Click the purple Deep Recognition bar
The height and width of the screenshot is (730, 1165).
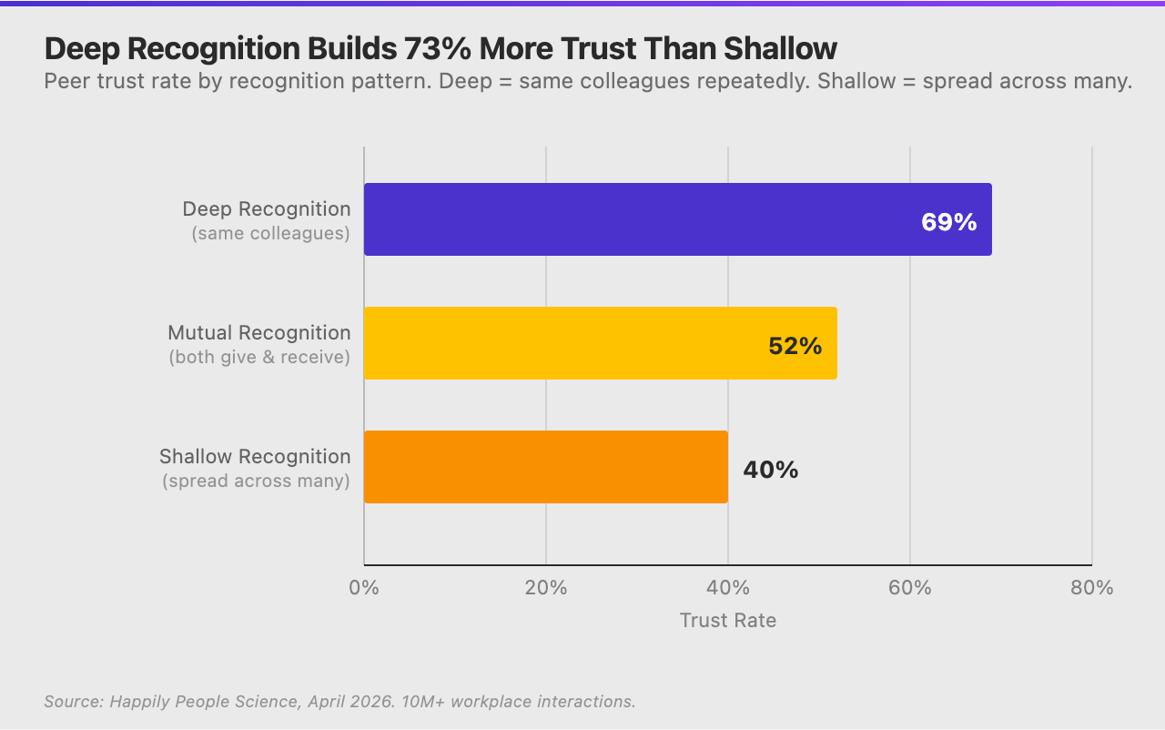coord(637,219)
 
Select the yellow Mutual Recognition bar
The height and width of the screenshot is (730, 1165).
coord(564,343)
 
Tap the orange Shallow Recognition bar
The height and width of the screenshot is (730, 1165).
coord(546,467)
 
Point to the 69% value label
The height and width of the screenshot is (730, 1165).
coord(948,222)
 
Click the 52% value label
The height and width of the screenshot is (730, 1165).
coord(795,346)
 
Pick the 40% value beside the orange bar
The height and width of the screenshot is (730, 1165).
coord(770,470)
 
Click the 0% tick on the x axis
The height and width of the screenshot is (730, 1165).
coord(364,588)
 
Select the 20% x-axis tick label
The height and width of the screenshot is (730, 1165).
coord(546,588)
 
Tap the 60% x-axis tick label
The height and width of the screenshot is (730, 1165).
coord(910,588)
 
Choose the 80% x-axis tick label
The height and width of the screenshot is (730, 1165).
coord(1091,588)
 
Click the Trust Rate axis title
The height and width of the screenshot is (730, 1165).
coord(728,621)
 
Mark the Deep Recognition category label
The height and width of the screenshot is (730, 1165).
coord(266,208)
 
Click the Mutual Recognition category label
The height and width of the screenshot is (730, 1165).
coord(258,332)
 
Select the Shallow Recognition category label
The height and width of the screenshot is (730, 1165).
coord(255,456)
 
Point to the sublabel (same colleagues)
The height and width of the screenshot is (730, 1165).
coord(270,233)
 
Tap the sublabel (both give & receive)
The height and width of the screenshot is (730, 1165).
coord(259,357)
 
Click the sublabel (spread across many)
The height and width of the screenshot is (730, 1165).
coord(256,481)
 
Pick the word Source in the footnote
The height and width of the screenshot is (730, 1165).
coord(72,702)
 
